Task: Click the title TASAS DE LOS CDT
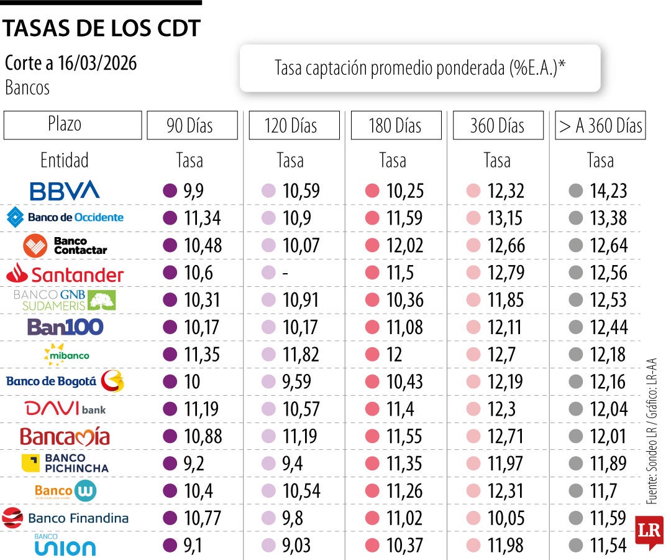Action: coord(103,29)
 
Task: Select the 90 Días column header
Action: coord(192,126)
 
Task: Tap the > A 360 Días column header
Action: coord(600,126)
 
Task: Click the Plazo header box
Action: coord(72,124)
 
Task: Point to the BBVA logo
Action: coord(65,190)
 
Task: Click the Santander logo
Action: coord(65,273)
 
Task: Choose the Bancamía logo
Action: coord(65,436)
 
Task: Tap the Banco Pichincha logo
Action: coord(65,464)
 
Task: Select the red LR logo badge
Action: coord(649,532)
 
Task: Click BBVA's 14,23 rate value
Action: coord(608,191)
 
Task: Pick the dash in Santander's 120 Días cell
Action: coord(286,273)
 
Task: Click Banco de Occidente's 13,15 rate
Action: coord(505,218)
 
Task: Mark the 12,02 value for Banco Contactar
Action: coord(404,246)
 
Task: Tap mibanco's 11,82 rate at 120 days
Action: coord(301,355)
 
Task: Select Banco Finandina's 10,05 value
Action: coord(506,518)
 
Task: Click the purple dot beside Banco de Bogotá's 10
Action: coord(170,381)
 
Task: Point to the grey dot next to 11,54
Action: coord(575,546)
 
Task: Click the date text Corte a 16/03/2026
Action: coord(71,63)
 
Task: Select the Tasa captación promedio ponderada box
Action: coord(420,68)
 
